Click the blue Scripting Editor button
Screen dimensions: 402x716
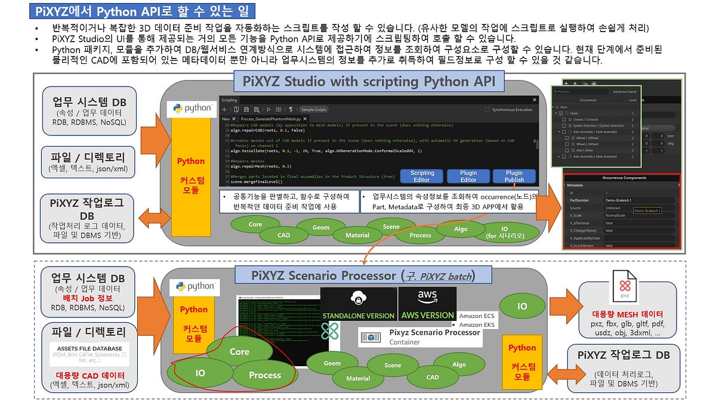[x=422, y=176]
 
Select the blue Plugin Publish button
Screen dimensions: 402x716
[x=514, y=176]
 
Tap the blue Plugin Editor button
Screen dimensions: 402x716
[x=468, y=176]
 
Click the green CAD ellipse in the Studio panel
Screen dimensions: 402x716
[x=283, y=235]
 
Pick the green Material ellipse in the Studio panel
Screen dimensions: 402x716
[x=357, y=235]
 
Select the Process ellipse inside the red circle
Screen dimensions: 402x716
[x=264, y=375]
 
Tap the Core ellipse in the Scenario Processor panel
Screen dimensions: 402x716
[x=239, y=352]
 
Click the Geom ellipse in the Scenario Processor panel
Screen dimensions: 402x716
[x=332, y=363]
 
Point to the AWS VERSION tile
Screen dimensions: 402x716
[x=427, y=304]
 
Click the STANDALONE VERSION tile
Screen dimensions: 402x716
[x=358, y=304]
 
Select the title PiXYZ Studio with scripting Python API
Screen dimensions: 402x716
[x=371, y=82]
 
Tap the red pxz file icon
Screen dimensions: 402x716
[x=624, y=288]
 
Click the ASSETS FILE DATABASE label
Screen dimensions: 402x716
[x=89, y=348]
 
